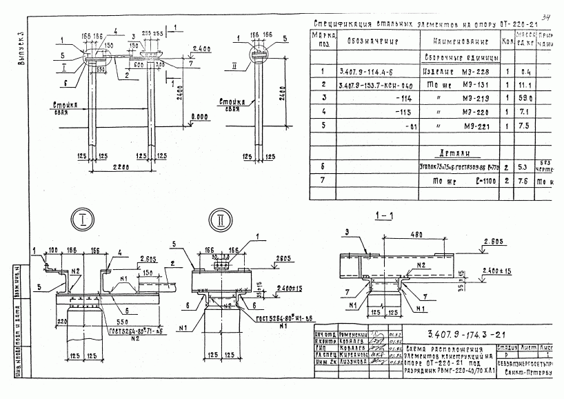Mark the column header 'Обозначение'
pos(374,40)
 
